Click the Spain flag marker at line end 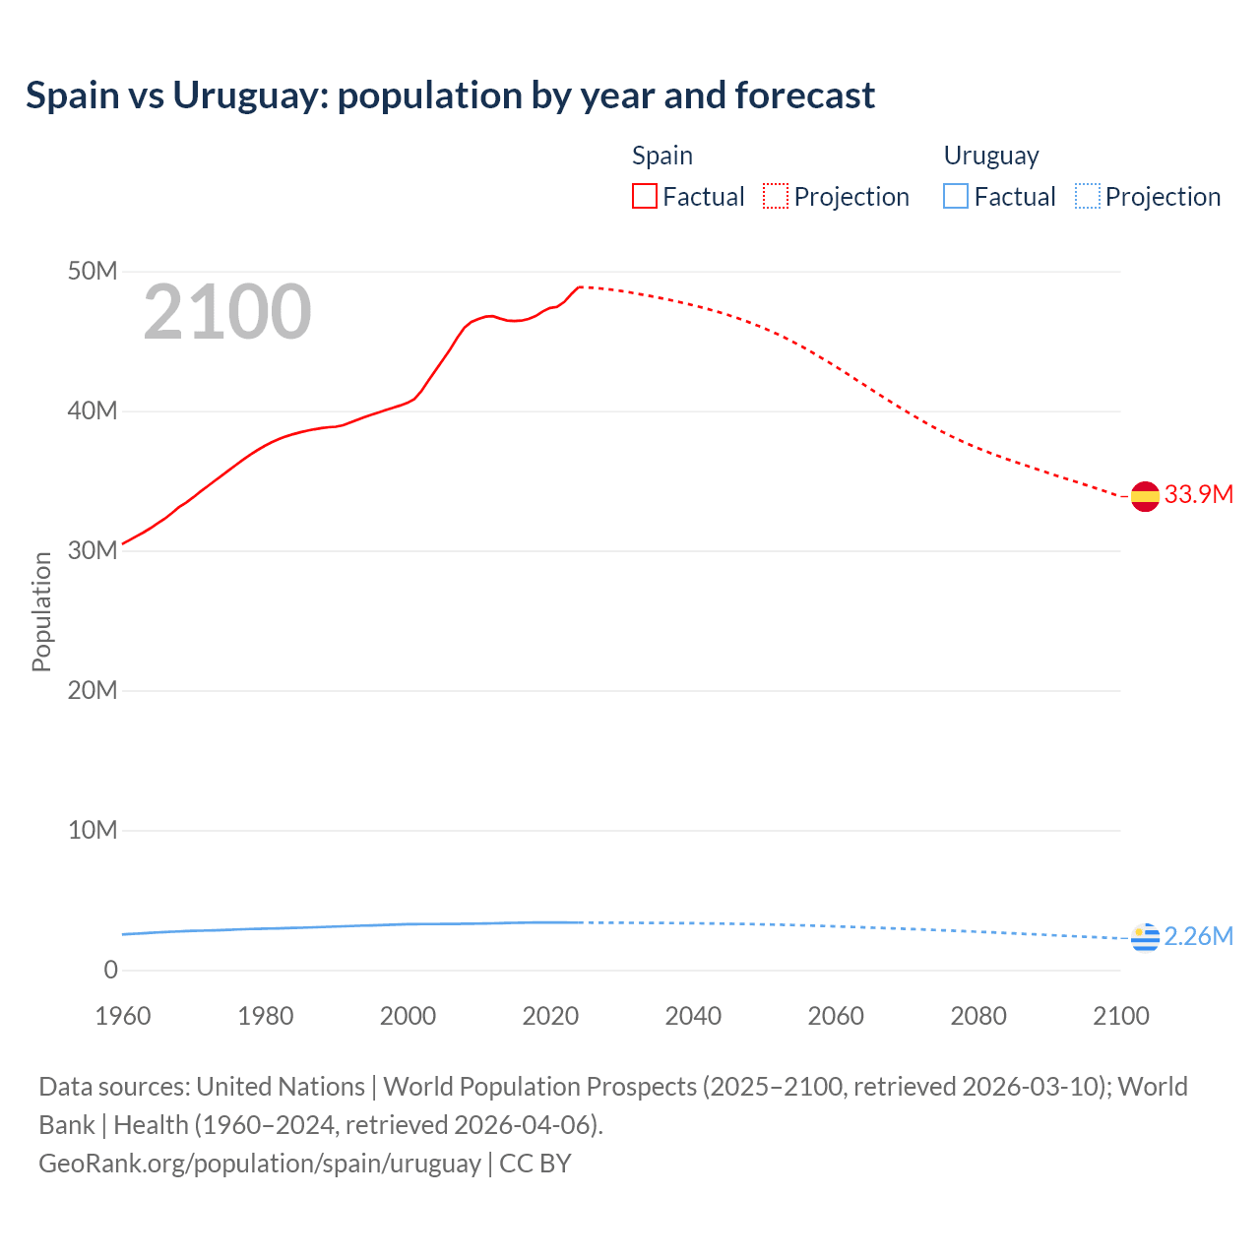point(1145,497)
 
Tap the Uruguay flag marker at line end point(1145,938)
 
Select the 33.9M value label point(1198,494)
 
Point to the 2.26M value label point(1198,936)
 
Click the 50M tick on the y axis point(93,271)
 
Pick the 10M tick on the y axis point(93,830)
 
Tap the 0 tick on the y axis point(110,970)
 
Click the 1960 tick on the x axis point(123,1016)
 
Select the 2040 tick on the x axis point(693,1016)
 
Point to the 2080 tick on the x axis point(978,1016)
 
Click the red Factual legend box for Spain point(645,197)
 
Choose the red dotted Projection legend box point(776,197)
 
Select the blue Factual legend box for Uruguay point(956,197)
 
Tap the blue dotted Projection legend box point(1088,197)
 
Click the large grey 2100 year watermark point(227,312)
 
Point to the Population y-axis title point(41,611)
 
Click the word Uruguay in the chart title point(250,95)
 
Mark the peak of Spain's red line point(581,286)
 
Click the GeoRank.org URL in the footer point(260,1164)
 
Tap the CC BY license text point(535,1164)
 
